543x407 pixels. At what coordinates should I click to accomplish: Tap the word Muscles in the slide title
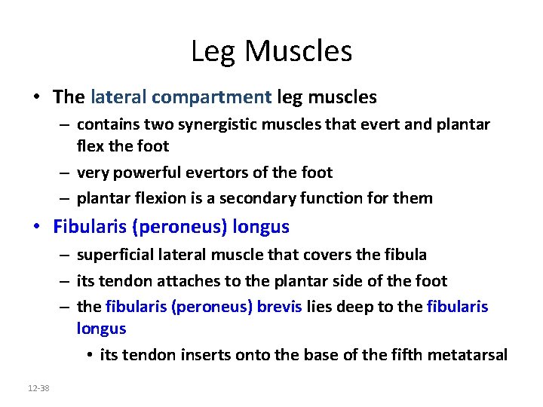tap(298, 51)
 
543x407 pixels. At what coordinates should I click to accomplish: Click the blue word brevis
tap(281, 307)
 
